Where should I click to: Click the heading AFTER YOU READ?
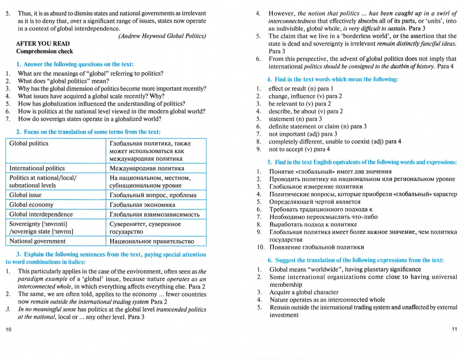tap(43, 44)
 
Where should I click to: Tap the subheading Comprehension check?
tap(45, 51)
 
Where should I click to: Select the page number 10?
tap(9, 329)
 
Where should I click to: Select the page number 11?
tap(454, 329)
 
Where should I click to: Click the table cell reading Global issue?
tap(25, 195)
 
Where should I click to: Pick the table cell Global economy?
tap(31, 205)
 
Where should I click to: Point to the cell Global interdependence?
tap(41, 214)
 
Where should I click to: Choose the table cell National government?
tap(37, 241)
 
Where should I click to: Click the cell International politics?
tap(37, 168)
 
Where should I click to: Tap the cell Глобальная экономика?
tap(142, 205)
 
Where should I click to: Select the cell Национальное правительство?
tap(152, 241)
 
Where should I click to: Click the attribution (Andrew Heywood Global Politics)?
tap(162, 36)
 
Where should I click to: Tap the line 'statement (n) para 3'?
tap(295, 119)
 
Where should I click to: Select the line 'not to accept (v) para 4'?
tap(299, 149)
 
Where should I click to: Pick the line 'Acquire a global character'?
tap(304, 292)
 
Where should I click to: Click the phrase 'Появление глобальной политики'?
tap(316, 247)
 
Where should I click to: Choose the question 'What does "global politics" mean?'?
tap(63, 81)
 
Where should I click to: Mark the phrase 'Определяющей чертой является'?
tap(315, 202)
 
